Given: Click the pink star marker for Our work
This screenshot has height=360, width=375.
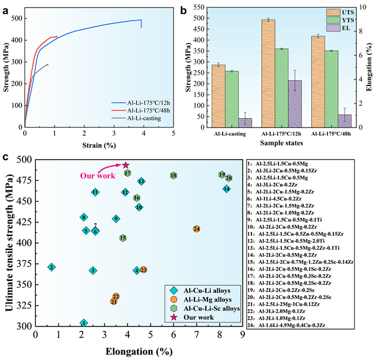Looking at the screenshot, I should point(125,166).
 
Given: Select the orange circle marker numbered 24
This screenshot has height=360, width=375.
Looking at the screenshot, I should point(197,229).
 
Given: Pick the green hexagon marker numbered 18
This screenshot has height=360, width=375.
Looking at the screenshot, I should point(173,175).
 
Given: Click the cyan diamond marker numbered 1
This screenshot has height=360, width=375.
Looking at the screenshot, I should point(84,323).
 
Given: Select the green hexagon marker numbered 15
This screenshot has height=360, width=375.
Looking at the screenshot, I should point(123,238).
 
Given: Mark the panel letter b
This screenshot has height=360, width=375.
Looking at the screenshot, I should point(184,10).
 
